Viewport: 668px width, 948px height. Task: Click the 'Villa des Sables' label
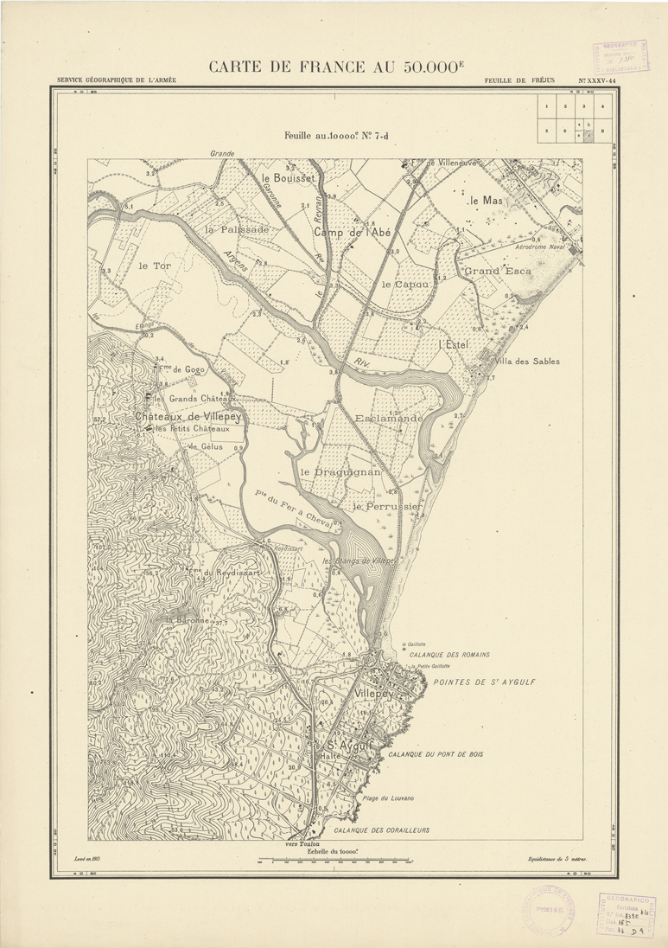[x=530, y=361]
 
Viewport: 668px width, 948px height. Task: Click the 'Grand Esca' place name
[x=490, y=272]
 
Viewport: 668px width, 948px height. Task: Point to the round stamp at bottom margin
[x=544, y=911]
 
